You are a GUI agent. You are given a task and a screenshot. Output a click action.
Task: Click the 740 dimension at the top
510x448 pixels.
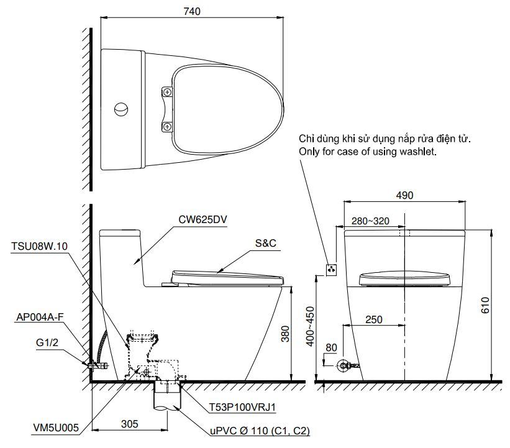193,11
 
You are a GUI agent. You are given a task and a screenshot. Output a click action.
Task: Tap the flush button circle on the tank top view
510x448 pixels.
122,109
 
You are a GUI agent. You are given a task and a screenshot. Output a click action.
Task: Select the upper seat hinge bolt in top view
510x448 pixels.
166,92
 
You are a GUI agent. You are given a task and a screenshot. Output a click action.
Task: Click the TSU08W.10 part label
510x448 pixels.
38,246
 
